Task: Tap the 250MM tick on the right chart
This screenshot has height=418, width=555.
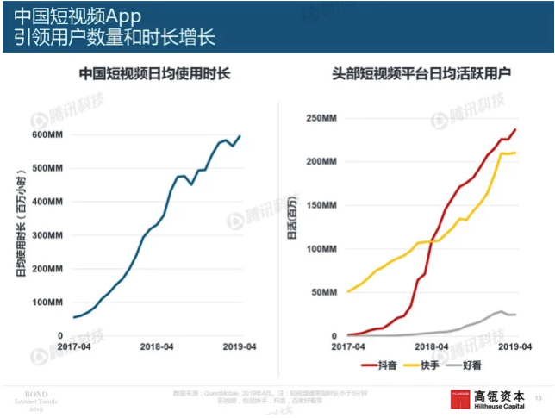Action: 319,118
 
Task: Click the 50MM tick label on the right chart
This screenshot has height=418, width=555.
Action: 322,292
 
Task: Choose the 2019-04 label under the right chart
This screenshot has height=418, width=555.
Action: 512,346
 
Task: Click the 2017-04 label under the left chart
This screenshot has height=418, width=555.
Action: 73,346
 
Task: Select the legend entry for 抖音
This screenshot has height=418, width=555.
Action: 384,367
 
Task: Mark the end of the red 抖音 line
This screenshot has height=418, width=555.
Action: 515,130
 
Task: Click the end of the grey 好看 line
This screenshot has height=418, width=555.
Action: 515,315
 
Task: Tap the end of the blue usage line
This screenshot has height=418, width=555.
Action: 240,136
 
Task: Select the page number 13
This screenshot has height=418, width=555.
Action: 538,397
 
